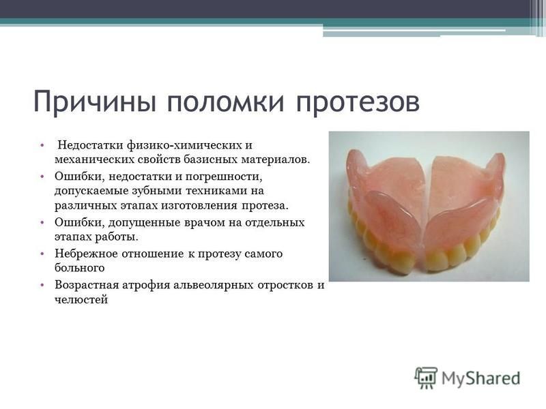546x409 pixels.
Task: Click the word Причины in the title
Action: (94, 102)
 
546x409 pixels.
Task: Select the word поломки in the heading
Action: (226, 102)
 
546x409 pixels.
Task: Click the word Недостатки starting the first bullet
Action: (91, 145)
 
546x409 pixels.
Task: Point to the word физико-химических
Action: (184, 145)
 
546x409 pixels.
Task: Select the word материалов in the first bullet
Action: (275, 160)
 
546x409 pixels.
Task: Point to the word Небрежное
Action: (87, 254)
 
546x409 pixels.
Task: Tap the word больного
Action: (80, 268)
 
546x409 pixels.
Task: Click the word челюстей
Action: (81, 299)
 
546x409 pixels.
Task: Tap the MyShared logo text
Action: (481, 378)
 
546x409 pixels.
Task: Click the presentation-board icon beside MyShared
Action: (425, 378)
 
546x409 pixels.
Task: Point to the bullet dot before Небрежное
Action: (42, 254)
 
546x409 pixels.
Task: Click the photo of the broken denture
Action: (429, 207)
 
